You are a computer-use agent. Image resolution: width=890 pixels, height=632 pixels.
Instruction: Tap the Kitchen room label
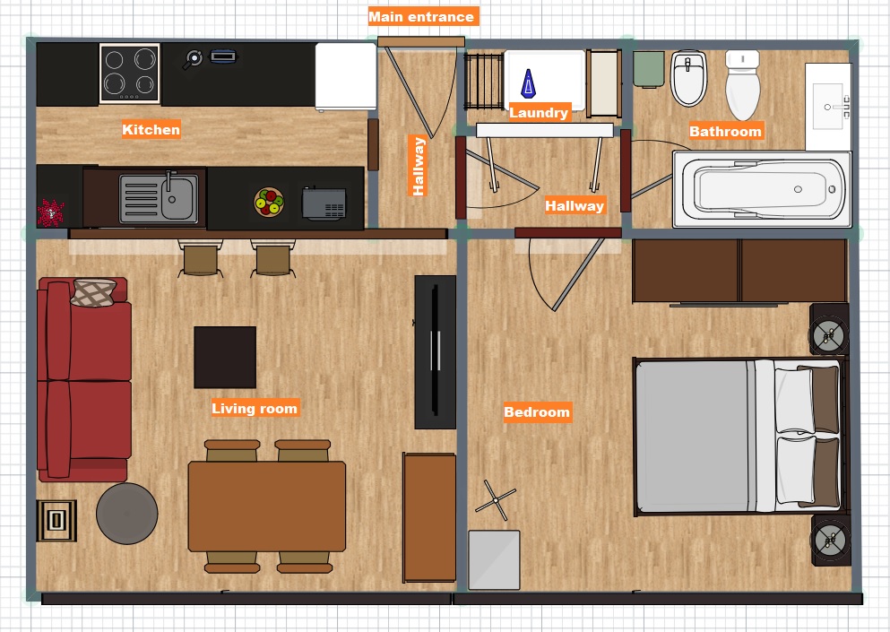coord(151,129)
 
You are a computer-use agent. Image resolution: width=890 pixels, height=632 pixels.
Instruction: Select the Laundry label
coord(539,112)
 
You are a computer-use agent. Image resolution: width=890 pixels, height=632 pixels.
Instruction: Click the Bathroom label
coord(725,131)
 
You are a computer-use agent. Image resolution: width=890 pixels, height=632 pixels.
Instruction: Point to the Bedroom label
coord(537,412)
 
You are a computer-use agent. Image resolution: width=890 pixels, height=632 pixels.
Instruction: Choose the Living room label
coord(255,408)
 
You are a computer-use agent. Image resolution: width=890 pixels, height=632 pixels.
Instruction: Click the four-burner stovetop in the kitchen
coord(129,74)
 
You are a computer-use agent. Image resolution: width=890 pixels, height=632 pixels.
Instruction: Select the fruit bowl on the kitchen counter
coord(269,202)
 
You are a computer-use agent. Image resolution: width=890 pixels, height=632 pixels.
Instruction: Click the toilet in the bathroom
coord(742,84)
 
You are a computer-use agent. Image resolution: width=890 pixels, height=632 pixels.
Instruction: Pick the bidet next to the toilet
coord(688,78)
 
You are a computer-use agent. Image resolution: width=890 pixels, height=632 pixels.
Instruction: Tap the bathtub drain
coord(798,189)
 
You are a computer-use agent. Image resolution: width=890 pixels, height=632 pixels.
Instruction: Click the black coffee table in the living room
coord(225,357)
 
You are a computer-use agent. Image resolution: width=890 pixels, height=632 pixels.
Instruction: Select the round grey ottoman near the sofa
coord(127,514)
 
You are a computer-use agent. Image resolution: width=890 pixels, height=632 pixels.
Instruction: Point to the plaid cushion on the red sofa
coord(93,293)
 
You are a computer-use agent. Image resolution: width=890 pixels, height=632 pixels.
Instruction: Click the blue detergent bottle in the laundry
coord(529,83)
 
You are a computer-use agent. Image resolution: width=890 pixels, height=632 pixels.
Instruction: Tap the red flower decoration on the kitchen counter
coord(51,212)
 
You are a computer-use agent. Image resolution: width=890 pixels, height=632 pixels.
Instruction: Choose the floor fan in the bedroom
coord(496,500)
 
